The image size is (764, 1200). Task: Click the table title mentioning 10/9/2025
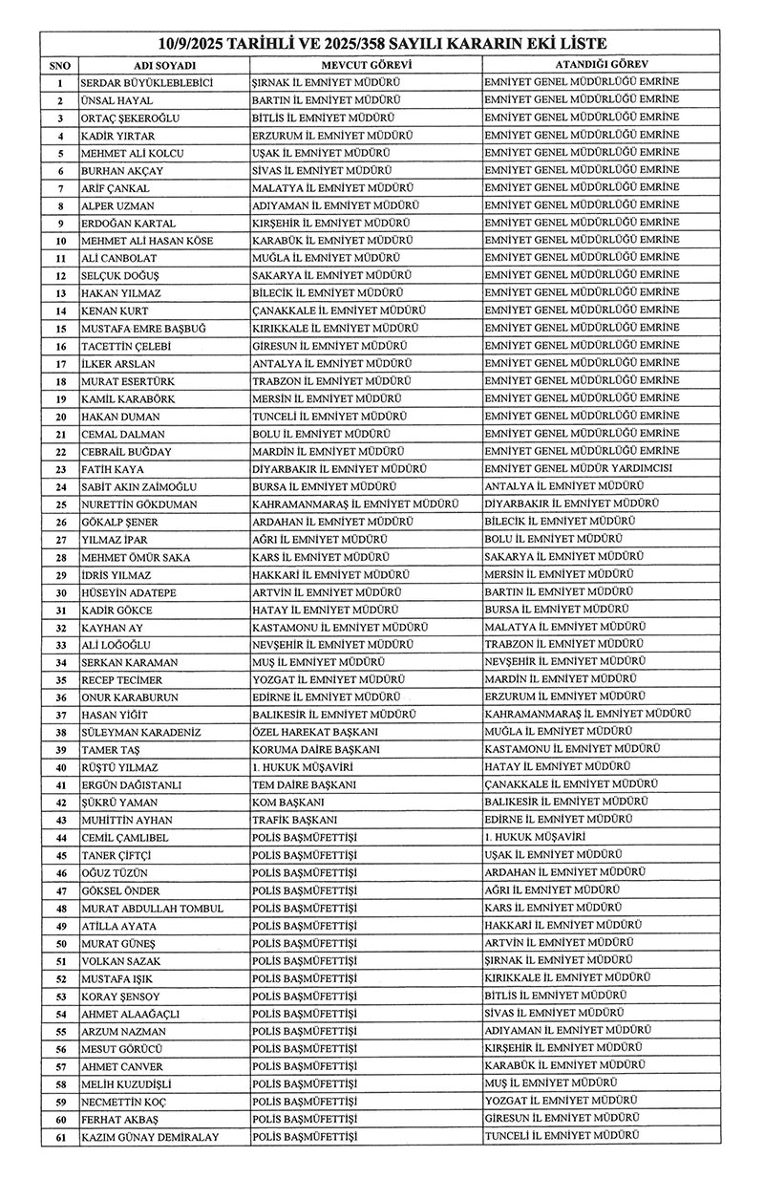382,44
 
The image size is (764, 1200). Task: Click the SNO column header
59,64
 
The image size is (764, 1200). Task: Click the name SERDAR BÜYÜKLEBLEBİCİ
146,82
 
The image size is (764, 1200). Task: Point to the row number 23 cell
59,470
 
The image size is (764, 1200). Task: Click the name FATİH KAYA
112,470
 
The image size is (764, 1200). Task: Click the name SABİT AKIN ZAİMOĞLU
144,487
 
